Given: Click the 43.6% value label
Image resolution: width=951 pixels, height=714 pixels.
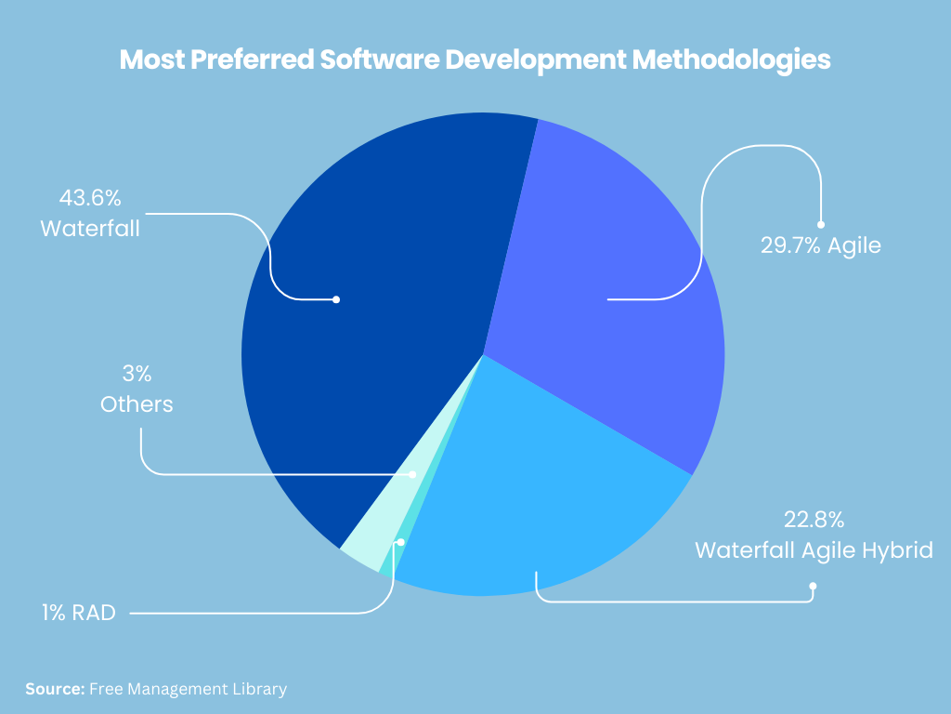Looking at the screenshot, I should [x=90, y=198].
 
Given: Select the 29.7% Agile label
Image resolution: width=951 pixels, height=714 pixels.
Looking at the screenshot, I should [x=819, y=247].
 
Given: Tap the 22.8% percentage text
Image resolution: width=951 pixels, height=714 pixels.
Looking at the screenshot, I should [x=813, y=519].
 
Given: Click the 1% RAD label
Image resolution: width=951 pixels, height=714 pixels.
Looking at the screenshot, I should [x=78, y=613].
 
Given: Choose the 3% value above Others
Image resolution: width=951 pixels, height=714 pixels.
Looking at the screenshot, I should [x=137, y=375].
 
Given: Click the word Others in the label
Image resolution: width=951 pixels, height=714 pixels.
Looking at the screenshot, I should [x=137, y=405].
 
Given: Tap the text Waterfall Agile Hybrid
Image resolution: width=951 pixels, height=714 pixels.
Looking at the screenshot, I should [x=813, y=549].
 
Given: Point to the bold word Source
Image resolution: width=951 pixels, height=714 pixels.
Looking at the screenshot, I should [x=55, y=689].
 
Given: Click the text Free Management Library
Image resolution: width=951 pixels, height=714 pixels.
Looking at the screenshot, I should [x=188, y=689].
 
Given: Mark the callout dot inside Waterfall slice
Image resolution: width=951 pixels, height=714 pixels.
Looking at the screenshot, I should [x=336, y=299].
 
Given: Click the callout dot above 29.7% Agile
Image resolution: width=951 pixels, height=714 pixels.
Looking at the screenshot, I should [x=820, y=224].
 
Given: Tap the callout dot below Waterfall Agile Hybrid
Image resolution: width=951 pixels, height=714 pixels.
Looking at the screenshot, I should [x=813, y=586].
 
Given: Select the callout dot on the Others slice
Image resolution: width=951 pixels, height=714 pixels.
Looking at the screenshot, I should [x=414, y=474].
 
